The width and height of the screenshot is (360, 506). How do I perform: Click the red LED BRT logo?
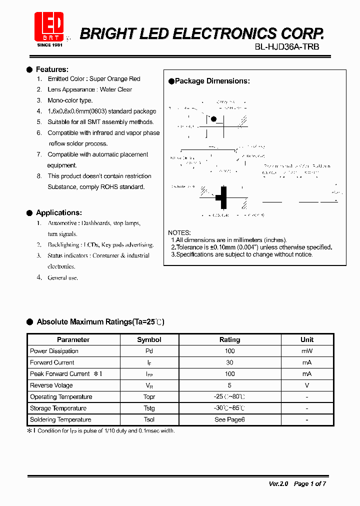point(48,27)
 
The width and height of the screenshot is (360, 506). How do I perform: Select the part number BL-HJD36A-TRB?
point(286,47)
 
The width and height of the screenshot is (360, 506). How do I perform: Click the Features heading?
point(52,69)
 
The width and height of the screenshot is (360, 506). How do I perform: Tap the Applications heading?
point(58,212)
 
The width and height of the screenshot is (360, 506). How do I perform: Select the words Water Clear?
point(116,89)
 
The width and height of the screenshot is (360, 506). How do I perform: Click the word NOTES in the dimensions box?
point(179,233)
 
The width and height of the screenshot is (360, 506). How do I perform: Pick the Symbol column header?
point(149,339)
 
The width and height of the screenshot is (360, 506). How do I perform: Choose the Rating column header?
point(229,339)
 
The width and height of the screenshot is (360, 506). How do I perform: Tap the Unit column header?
point(306,339)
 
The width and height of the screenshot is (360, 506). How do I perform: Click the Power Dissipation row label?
point(54,351)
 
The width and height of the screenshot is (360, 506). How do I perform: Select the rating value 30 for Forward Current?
point(229,362)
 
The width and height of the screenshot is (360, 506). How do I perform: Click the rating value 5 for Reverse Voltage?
point(229,385)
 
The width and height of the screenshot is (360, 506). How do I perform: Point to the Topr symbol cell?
point(149,397)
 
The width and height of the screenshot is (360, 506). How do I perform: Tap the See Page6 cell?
point(229,419)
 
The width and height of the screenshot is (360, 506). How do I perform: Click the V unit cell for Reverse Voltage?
point(306,385)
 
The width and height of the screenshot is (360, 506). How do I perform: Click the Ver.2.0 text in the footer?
point(278,483)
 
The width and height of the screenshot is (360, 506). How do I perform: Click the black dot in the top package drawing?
point(214,119)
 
